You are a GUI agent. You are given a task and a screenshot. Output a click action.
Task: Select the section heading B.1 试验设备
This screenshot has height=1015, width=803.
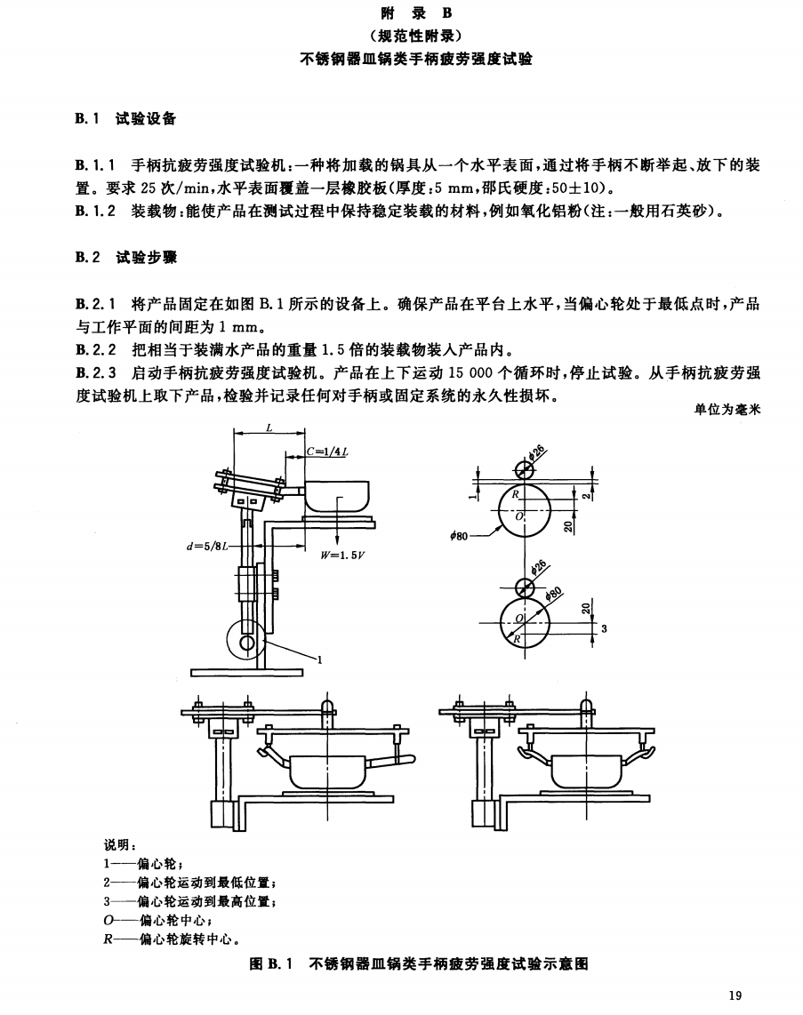coord(125,118)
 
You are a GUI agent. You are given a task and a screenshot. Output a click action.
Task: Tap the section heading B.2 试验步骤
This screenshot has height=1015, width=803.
coord(125,257)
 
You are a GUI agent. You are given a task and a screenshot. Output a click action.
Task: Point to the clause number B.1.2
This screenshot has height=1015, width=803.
coord(95,211)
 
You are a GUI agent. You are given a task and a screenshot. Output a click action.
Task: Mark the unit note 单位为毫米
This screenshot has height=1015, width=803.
coord(727,409)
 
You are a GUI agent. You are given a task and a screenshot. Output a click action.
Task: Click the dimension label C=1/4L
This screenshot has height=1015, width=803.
coord(327,452)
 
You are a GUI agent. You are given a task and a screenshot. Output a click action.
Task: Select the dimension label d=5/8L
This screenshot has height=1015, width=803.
coord(207,547)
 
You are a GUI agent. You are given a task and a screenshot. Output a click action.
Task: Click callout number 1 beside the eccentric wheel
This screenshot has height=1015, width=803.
coord(320,660)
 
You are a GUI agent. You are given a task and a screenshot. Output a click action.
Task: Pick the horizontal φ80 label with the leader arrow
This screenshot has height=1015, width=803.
coord(459,536)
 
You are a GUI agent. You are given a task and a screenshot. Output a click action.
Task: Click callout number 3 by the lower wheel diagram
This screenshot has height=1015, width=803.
coord(604,627)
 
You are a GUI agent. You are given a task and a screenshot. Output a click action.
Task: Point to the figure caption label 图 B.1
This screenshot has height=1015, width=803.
coord(271,963)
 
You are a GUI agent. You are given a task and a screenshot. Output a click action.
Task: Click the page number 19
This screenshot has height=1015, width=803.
coord(735,995)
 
